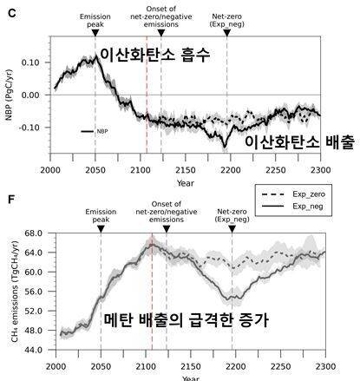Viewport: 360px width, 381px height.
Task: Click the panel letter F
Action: tap(7, 199)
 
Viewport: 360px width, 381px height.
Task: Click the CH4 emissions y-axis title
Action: tap(10, 292)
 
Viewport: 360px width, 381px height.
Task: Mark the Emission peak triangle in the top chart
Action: tap(95, 30)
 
